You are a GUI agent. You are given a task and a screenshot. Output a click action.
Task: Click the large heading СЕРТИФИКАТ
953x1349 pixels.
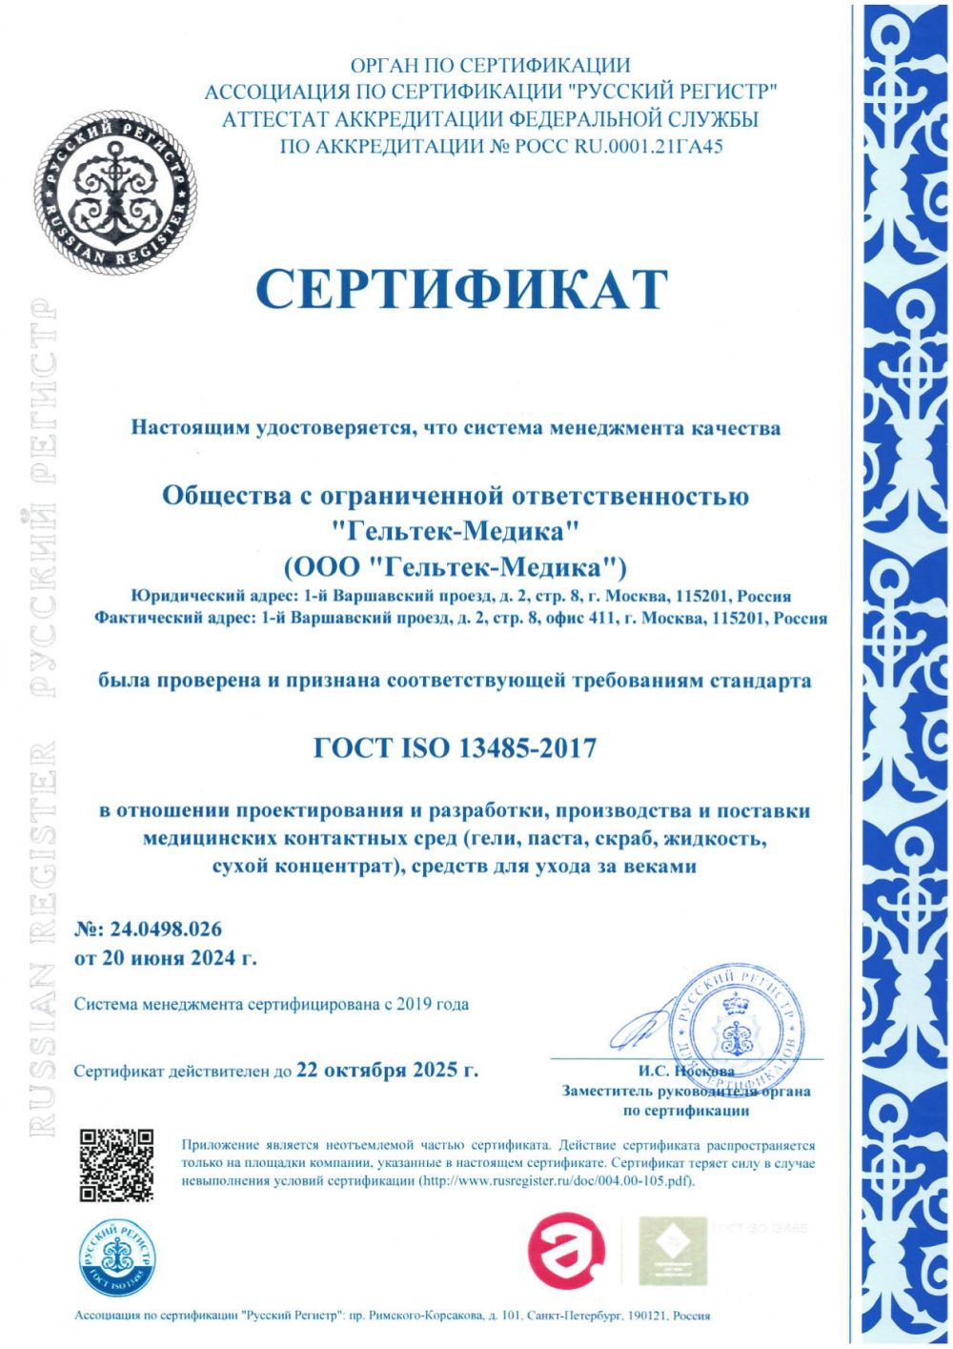click(x=461, y=288)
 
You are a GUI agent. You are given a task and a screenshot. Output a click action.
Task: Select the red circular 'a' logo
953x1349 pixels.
click(x=567, y=1250)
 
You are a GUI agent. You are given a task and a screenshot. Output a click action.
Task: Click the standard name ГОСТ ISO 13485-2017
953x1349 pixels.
click(x=455, y=747)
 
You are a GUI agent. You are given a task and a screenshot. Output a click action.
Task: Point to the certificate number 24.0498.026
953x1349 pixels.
click(x=161, y=929)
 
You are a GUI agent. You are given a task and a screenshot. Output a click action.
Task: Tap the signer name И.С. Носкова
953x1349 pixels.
click(x=679, y=1071)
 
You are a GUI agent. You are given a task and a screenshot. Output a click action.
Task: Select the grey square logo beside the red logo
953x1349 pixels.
click(x=668, y=1249)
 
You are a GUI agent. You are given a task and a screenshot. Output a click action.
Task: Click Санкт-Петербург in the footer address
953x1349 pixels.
click(x=568, y=1317)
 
